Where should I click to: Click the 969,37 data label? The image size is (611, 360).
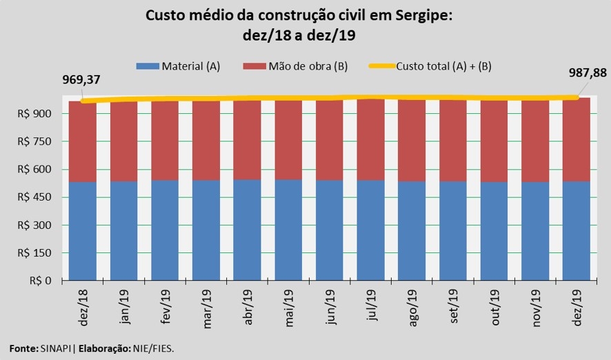(81, 79)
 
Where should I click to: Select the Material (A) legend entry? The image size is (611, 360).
(179, 66)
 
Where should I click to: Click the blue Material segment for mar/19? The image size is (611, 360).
(206, 230)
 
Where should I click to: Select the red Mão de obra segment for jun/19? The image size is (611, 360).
(330, 141)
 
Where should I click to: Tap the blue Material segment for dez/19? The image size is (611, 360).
(577, 231)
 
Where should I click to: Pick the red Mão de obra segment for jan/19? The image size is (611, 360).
(124, 141)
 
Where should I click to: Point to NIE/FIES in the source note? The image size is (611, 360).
(155, 348)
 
